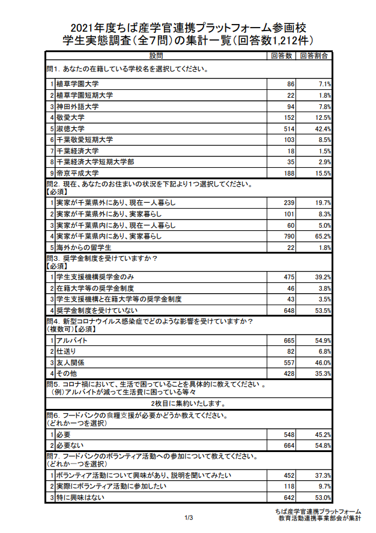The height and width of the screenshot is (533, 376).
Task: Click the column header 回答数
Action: tap(281, 56)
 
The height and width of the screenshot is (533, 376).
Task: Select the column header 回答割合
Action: tap(314, 56)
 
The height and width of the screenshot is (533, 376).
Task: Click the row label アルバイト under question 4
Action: tap(68, 340)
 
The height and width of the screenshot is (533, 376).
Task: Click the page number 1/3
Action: tap(188, 517)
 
